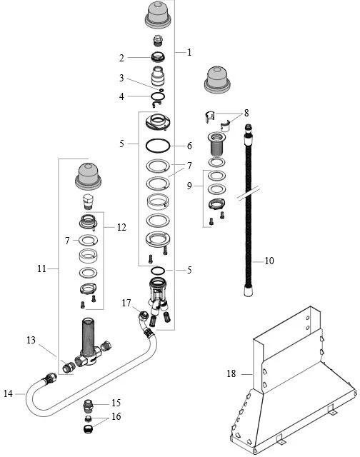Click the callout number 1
click(189, 52)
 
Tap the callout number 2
click(121, 58)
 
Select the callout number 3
click(121, 78)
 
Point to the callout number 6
click(189, 146)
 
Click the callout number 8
click(246, 113)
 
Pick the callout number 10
click(269, 261)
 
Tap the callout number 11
click(41, 268)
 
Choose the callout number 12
click(121, 227)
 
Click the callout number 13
click(31, 340)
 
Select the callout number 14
click(8, 394)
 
